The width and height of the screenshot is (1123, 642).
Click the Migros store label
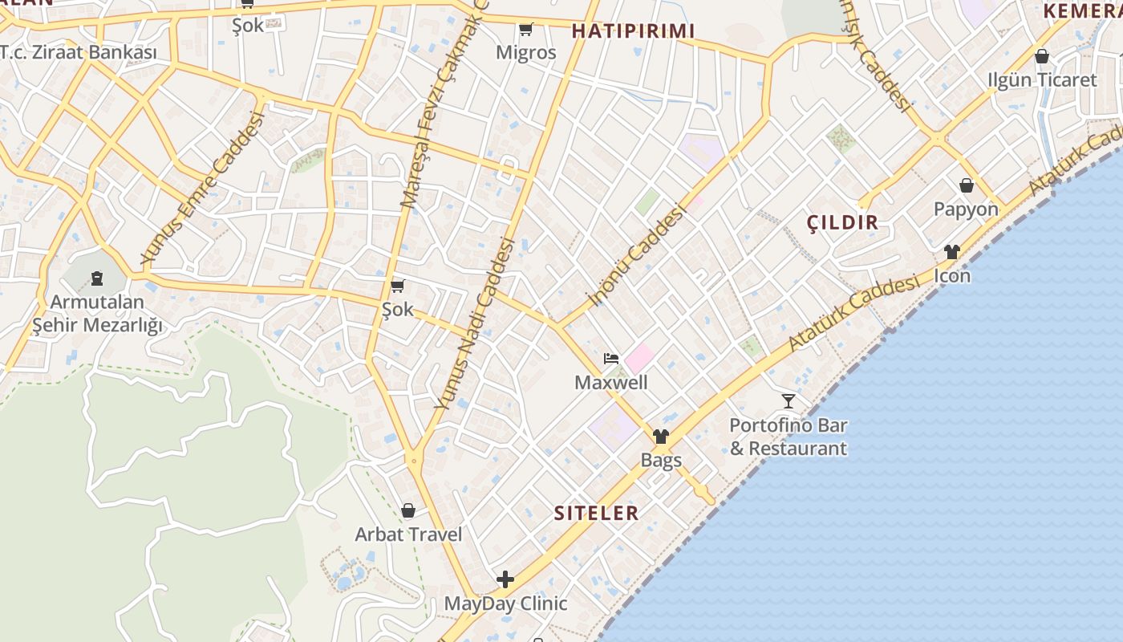[525, 52]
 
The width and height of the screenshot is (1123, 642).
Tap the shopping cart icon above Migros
[525, 30]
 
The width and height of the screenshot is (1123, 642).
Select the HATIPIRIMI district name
[633, 30]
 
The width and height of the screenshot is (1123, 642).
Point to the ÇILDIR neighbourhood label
[842, 222]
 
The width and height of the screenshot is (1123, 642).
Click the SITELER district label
[597, 513]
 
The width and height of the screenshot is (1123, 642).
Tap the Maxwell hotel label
[610, 382]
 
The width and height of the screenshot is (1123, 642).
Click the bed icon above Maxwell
[611, 358]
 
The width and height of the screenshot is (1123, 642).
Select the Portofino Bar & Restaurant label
[788, 437]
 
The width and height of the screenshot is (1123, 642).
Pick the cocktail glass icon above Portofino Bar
[789, 400]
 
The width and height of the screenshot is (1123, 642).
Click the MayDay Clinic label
[505, 603]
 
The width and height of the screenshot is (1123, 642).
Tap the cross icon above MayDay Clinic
[505, 579]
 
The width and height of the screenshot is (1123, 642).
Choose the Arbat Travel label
[408, 534]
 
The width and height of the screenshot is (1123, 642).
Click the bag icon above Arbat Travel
[408, 510]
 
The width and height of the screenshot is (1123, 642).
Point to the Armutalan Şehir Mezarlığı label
[97, 313]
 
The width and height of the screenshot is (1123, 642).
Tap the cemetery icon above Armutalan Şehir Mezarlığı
[97, 278]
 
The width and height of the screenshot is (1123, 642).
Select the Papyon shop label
[966, 209]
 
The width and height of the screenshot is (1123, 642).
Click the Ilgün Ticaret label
[1041, 79]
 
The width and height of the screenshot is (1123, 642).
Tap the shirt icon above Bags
[661, 437]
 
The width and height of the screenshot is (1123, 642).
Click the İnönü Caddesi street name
[638, 255]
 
